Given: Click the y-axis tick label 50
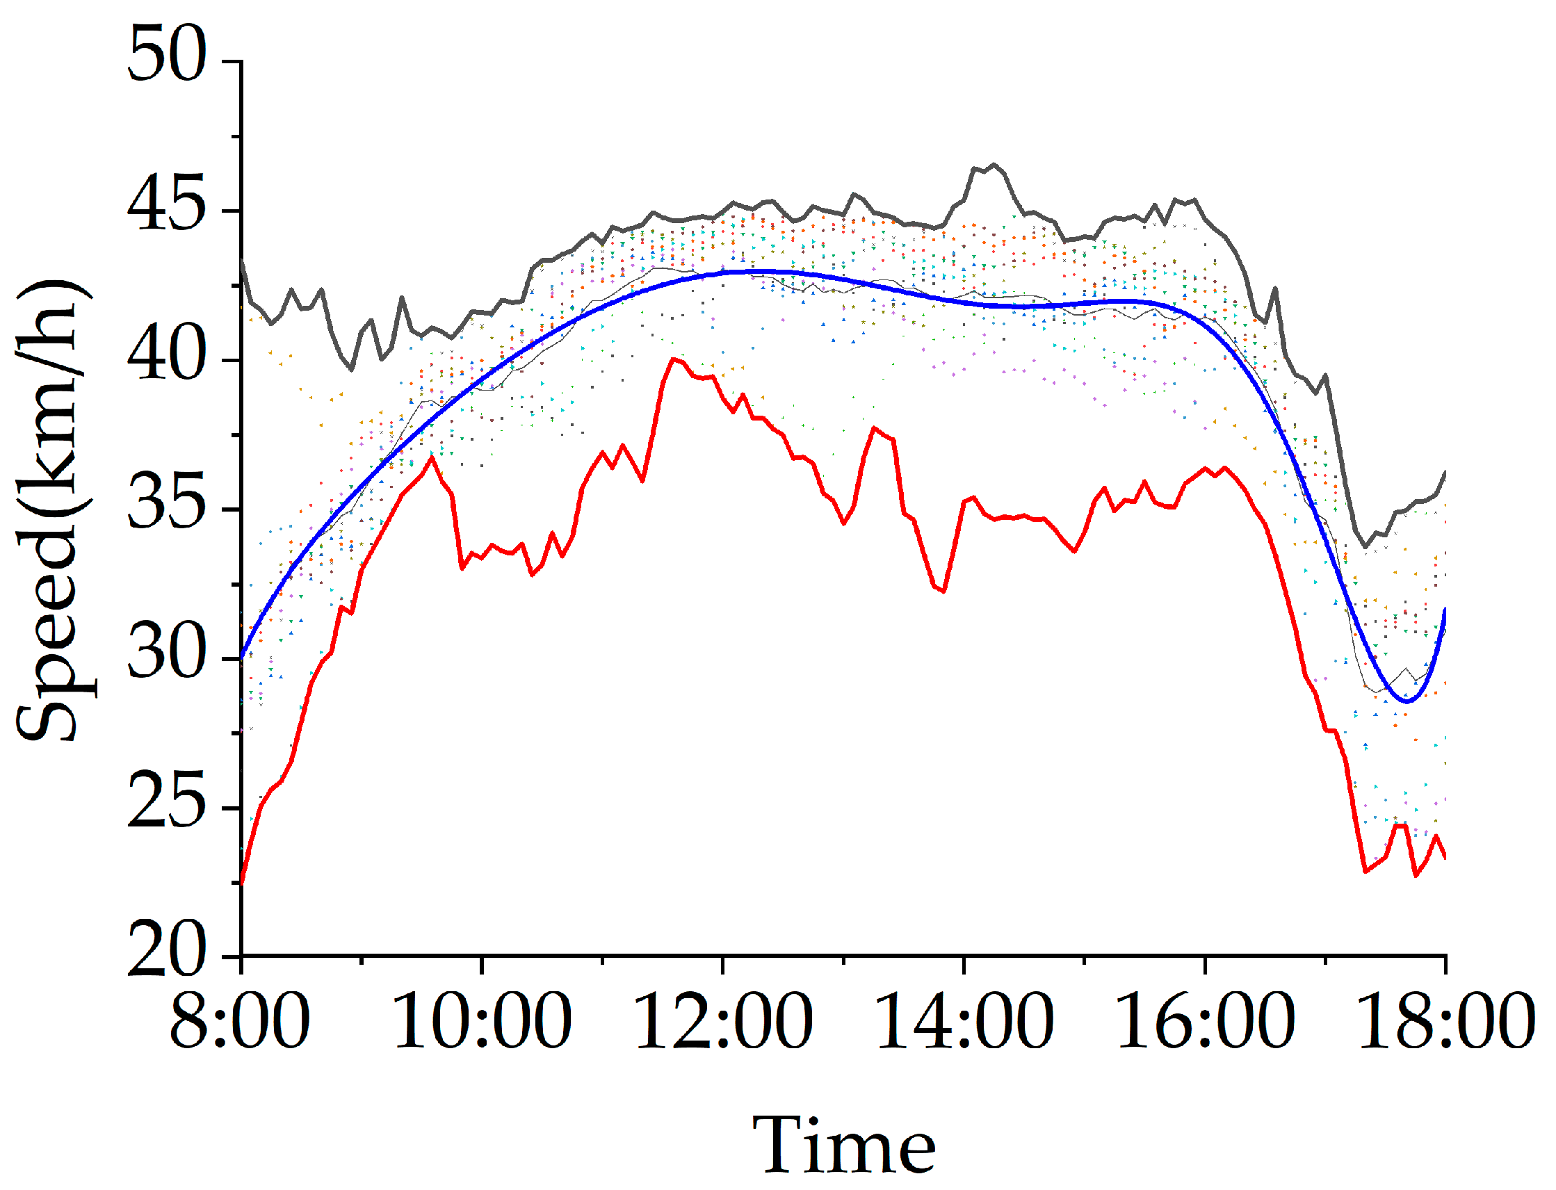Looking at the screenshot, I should click(x=166, y=54).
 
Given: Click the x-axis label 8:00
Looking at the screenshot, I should click(x=239, y=1020).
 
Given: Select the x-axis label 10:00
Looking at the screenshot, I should click(x=482, y=1020).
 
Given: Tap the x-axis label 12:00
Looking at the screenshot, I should click(x=723, y=1020).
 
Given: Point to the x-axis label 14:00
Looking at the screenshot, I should click(x=964, y=1020).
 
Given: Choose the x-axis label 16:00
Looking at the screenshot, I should click(x=1206, y=1020).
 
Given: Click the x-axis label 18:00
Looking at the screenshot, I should click(x=1446, y=1020).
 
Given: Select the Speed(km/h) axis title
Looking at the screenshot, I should click(x=53, y=510).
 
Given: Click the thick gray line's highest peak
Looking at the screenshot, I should click(x=994, y=164).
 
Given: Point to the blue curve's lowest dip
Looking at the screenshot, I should click(x=1407, y=701).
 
